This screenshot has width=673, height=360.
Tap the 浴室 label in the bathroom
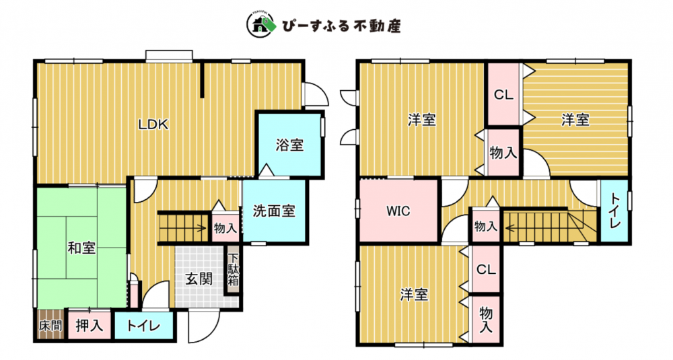pos(289,144)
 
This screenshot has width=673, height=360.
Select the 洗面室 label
pos(274,211)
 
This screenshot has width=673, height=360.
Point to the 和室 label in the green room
pos(81,248)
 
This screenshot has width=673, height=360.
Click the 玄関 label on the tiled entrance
pos(199,279)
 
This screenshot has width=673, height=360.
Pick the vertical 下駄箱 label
pos(234,271)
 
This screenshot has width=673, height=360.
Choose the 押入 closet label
pos(90,326)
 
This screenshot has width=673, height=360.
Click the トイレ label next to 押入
pos(143,327)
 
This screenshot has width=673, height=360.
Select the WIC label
pos(398,210)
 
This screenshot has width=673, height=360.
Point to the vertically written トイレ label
pos(615,210)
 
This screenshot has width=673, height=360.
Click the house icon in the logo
pos(258,27)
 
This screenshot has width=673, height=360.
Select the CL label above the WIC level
pos(503,95)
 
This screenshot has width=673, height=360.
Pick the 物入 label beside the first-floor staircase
pos(225,229)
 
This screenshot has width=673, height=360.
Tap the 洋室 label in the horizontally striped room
pos(575,120)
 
